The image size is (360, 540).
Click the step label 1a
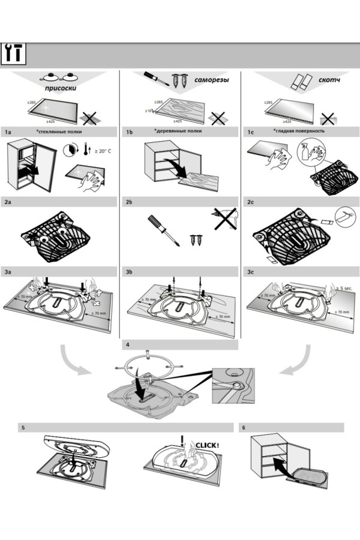(8, 131)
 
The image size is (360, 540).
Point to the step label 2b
(129, 203)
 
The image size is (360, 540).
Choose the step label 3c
(251, 272)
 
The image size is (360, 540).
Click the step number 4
(126, 345)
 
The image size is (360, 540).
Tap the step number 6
(244, 428)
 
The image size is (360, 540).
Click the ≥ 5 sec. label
(346, 288)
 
